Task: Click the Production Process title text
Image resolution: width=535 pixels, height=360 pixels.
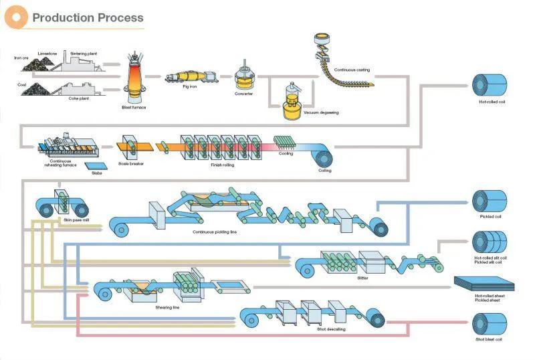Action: (x=88, y=17)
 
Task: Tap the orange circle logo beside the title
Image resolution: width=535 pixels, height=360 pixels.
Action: (x=17, y=16)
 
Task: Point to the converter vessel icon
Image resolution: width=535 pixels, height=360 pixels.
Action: (x=245, y=79)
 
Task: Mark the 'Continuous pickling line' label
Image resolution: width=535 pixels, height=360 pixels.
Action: (x=214, y=232)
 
